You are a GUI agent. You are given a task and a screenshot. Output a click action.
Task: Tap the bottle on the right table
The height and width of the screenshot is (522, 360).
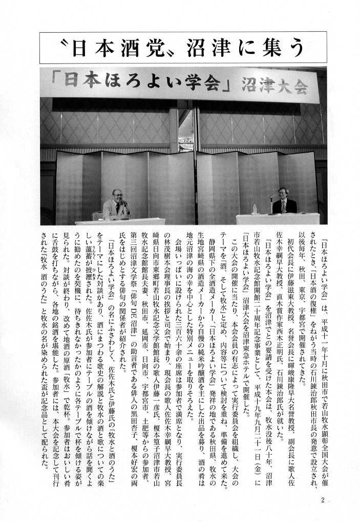pyautogui.click(x=255, y=209)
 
